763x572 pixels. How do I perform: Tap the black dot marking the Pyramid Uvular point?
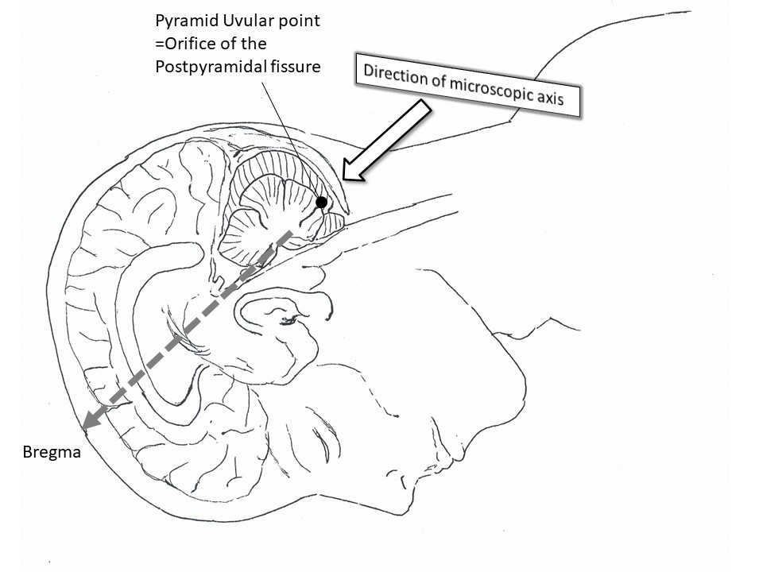(x=321, y=203)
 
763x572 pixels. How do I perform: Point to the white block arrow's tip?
(x=343, y=177)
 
